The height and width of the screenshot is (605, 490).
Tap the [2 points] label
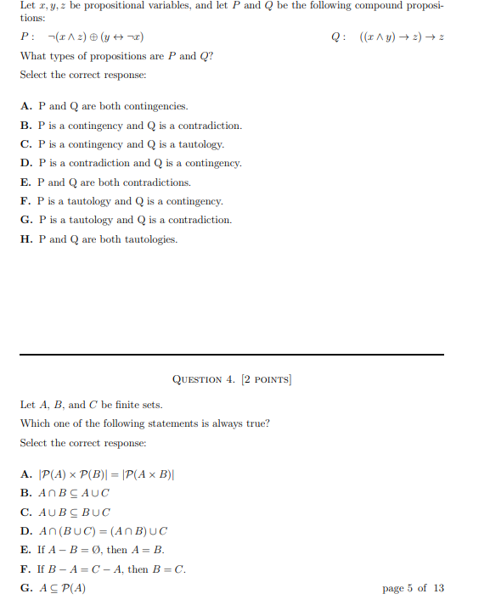pos(266,379)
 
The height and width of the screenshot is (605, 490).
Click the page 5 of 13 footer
pos(413,587)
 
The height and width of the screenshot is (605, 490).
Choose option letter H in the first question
pos(25,239)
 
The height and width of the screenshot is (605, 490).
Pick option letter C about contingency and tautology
pos(25,144)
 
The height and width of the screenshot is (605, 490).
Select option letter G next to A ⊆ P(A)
pos(25,587)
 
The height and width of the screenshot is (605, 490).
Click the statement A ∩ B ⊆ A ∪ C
pos(74,493)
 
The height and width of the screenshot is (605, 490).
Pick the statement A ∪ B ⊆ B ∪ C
pos(74,513)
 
